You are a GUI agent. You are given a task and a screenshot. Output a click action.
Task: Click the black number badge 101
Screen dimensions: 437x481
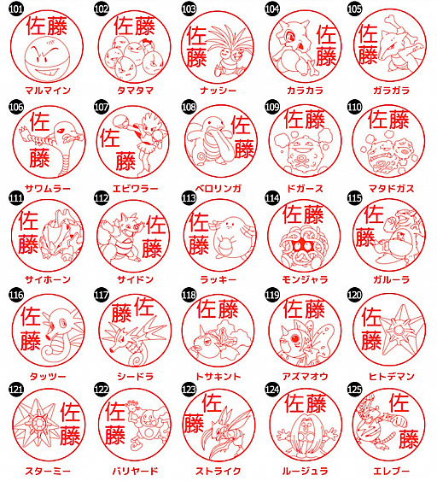tap(16, 9)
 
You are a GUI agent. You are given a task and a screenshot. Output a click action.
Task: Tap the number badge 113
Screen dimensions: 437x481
tap(189, 198)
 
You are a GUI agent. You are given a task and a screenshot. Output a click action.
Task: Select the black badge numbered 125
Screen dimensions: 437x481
tap(354, 390)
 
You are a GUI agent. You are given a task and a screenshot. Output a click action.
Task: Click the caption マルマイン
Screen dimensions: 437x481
tap(48, 91)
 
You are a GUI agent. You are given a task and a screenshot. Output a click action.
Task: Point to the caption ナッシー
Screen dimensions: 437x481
tap(218, 91)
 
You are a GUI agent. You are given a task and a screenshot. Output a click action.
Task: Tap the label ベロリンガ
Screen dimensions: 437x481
tap(218, 188)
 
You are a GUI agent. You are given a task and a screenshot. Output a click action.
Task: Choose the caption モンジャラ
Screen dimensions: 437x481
tap(305, 279)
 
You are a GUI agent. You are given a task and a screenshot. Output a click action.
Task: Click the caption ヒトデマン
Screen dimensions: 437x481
tap(392, 376)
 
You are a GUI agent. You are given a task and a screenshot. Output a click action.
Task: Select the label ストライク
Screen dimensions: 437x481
tap(218, 471)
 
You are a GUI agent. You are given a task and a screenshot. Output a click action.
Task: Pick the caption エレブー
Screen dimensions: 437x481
tap(392, 471)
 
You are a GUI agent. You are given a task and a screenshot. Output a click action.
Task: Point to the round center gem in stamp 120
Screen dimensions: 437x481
tap(399, 331)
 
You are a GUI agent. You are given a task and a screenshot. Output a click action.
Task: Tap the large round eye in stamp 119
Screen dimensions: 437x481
tap(294, 338)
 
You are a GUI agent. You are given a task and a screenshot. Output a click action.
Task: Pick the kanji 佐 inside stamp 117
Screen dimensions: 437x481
tap(143, 307)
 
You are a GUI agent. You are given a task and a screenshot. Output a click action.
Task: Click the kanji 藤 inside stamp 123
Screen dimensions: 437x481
tap(194, 423)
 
